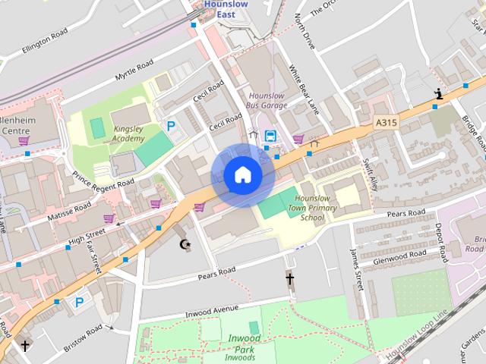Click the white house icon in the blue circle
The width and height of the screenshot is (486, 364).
coord(242,175)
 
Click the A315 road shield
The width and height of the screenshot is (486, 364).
coord(386,121)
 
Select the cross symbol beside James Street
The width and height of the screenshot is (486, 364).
coord(289,279)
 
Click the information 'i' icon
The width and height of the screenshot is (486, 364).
coord(438,93)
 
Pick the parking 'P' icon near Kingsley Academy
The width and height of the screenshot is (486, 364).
coord(171,127)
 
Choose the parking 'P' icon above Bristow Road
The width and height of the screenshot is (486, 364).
coord(79,302)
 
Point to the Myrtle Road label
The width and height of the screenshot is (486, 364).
coord(134,69)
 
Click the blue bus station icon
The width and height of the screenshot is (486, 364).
coord(270,136)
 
